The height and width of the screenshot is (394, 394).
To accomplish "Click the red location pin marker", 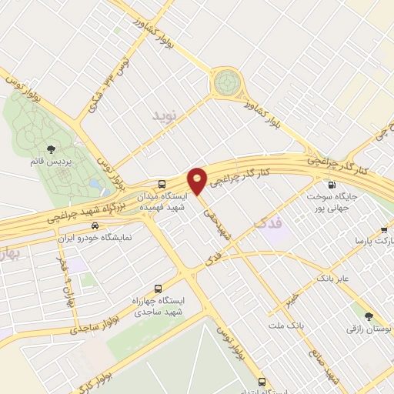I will point(197,179).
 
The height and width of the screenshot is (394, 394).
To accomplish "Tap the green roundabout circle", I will point(228,81).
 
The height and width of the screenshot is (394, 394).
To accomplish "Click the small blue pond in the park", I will point(94,185).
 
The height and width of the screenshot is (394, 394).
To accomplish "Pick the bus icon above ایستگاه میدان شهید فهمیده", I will point(162,184).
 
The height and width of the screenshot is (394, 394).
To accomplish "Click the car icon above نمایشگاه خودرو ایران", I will point(95,226).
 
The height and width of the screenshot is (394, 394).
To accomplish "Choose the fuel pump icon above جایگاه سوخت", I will point(332,184).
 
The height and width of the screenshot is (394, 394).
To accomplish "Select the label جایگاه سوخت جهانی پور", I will point(343,202).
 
